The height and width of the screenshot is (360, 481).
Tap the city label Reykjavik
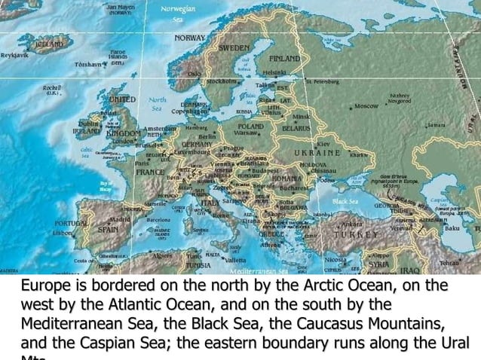click(x=15, y=56)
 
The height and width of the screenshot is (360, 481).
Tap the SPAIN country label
click(x=108, y=227)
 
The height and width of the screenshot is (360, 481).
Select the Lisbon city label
click(x=62, y=233)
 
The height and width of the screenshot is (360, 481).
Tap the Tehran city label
click(x=449, y=263)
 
